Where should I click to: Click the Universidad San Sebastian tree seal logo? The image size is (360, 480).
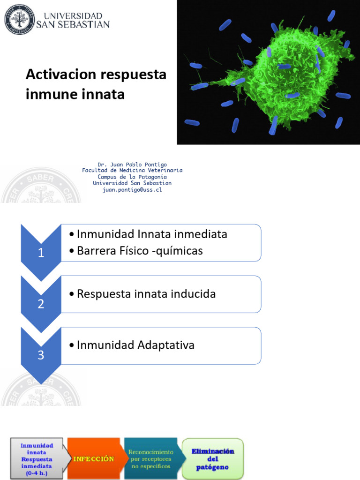click(x=20, y=20)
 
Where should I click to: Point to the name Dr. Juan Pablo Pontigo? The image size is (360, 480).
click(x=132, y=165)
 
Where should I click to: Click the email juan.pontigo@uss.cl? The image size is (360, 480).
click(x=132, y=190)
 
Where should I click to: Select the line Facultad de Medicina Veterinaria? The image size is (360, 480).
click(x=132, y=171)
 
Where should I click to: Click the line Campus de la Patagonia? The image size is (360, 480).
click(x=132, y=177)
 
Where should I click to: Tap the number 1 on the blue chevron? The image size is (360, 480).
click(x=41, y=253)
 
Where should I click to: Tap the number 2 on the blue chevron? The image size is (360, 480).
click(x=41, y=304)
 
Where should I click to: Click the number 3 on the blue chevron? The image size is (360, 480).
click(x=41, y=355)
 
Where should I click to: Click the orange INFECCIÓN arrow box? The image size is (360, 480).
click(x=94, y=458)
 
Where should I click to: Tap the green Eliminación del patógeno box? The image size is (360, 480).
click(x=213, y=458)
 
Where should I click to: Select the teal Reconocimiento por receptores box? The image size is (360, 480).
click(x=151, y=458)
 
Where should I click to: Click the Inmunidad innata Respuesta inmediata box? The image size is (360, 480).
click(x=37, y=458)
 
